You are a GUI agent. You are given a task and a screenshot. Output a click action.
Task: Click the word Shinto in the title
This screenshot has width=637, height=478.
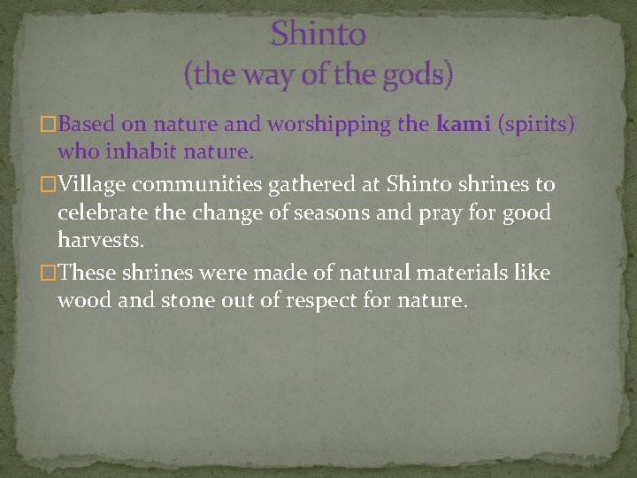click(318, 35)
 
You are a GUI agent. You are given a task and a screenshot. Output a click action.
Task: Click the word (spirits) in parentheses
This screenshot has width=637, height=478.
click(537, 124)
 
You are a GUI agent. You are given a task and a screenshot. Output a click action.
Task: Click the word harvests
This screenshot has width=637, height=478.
click(98, 241)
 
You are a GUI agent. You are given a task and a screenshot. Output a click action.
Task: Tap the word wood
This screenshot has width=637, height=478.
click(81, 301)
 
